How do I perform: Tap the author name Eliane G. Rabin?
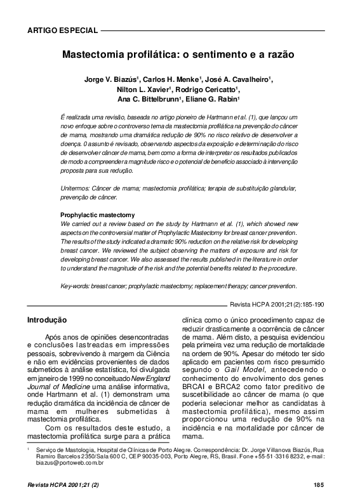212,100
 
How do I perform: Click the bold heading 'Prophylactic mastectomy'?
97,215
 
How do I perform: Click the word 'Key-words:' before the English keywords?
76,286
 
